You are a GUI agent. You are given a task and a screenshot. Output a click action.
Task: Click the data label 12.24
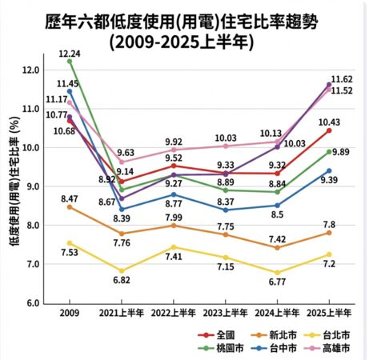pos(70,52)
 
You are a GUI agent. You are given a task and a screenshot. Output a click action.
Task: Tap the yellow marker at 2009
pos(69,243)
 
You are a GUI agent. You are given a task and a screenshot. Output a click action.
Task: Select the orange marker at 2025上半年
pos(328,233)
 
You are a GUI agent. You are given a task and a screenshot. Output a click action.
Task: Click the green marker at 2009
pos(69,61)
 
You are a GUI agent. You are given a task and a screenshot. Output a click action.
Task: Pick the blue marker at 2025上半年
pos(328,170)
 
